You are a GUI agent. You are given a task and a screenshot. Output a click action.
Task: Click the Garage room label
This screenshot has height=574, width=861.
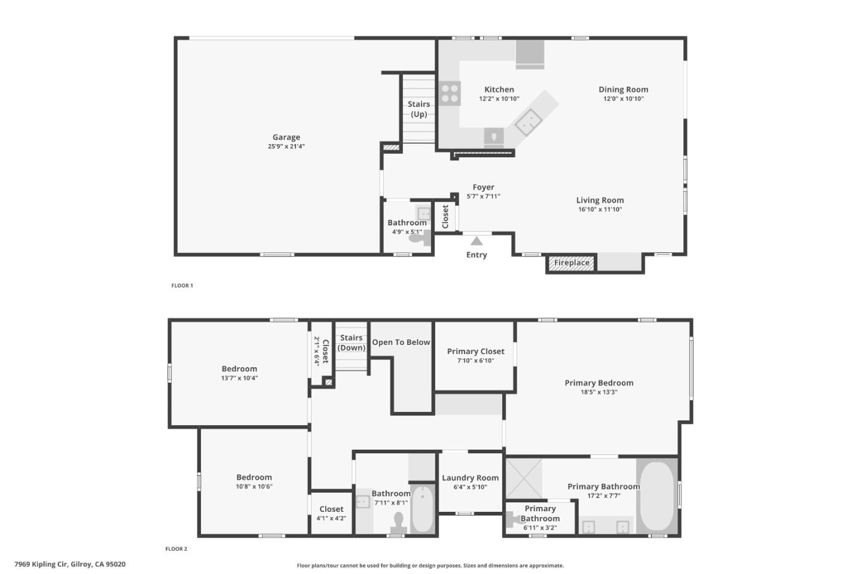point(286,137)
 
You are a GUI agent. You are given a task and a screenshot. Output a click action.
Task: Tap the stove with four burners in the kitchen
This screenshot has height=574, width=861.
point(450,93)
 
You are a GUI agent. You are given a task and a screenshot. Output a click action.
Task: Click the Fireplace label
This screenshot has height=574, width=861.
point(571,262)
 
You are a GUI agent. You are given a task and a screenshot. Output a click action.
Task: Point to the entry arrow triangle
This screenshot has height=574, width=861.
point(477,241)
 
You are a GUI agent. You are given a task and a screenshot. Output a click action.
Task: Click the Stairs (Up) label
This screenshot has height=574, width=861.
point(419,109)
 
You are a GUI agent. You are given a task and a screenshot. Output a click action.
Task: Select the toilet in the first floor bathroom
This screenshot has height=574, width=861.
point(418,238)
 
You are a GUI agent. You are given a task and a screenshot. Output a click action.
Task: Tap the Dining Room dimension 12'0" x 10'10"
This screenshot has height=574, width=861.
point(623,99)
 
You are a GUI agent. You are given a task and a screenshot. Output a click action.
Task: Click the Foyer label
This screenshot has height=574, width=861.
point(483,187)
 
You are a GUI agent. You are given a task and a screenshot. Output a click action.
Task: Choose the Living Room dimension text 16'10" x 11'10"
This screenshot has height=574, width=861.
point(600,209)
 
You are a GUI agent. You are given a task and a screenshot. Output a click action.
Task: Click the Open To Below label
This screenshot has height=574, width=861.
point(401,342)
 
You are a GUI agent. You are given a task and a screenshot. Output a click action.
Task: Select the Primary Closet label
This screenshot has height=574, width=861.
point(475,351)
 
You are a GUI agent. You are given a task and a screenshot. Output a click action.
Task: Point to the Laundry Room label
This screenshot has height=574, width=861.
point(470,478)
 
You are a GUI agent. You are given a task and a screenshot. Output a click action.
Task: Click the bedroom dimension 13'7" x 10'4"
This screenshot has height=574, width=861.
point(239,378)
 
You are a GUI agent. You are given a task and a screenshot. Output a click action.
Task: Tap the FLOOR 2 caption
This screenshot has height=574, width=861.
point(176,549)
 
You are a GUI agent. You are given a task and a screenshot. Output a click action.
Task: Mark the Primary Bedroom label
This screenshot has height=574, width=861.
point(599,383)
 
